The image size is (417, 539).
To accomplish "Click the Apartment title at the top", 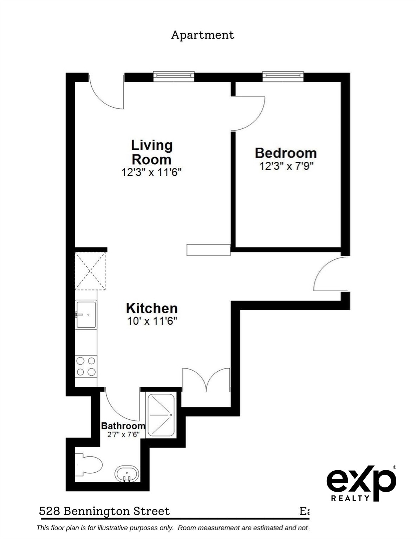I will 202,35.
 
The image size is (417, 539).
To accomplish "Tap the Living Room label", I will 152,152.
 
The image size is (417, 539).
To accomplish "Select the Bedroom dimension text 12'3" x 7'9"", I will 286,166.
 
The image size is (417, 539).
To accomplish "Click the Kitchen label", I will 152,308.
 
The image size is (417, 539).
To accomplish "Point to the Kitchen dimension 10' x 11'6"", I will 152,321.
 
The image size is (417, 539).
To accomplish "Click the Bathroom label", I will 123,426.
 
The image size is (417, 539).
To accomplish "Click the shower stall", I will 161,415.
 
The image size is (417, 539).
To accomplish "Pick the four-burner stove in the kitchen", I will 86,366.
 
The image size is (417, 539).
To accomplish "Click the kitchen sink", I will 86,315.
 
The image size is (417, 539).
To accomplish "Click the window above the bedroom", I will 283,76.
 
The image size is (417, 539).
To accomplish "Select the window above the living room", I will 174,76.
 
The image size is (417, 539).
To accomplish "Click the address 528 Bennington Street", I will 104,511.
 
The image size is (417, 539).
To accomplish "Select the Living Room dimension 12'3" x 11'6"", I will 152,172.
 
